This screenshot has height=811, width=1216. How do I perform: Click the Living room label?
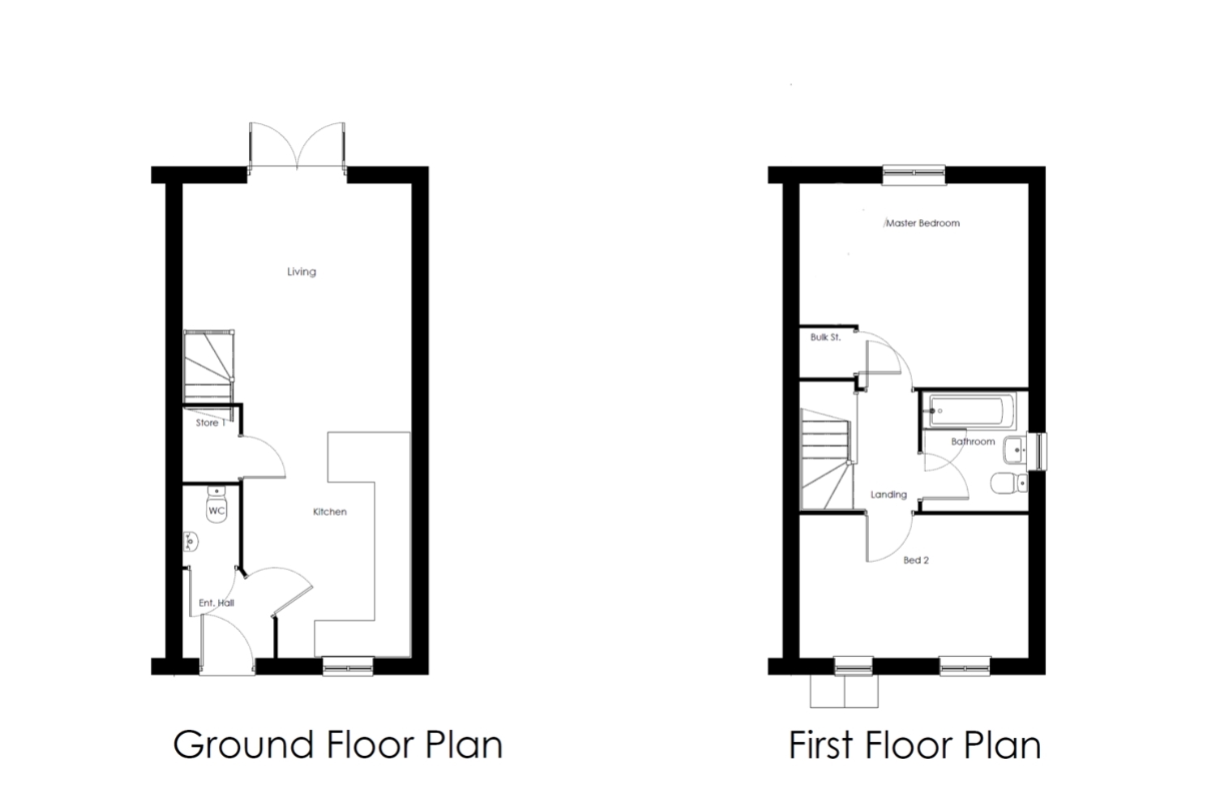302,272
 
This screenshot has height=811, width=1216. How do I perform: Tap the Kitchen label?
329,512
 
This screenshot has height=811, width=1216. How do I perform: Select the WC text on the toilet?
216,511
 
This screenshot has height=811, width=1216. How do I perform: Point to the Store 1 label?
211,423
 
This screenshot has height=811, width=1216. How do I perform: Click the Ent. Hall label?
216,603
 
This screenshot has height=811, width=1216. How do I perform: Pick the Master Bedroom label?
923,223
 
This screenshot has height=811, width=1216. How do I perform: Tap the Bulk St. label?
826,337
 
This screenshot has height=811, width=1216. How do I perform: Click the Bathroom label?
973,442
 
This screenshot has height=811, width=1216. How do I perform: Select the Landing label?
888,495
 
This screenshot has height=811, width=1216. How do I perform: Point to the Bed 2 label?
916,560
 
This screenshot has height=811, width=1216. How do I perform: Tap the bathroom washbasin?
1015,450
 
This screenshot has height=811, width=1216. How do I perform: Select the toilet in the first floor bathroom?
1008,483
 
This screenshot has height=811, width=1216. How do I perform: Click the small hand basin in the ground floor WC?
191,542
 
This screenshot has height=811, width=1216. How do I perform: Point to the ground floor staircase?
209,375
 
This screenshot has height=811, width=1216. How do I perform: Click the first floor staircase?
827,460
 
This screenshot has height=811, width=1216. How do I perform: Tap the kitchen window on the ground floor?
348,666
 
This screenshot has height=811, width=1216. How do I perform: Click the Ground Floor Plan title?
338,744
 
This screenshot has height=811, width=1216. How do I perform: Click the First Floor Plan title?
914,744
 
